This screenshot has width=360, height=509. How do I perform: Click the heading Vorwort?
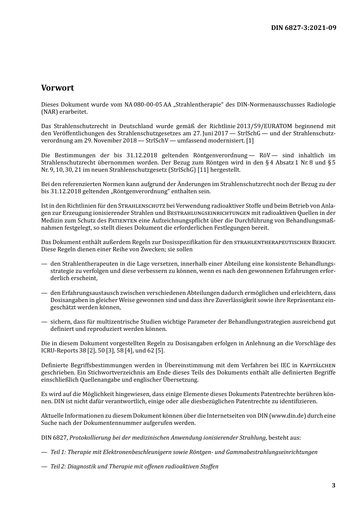(x=58, y=88)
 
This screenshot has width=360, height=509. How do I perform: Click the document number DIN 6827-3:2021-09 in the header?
(x=304, y=28)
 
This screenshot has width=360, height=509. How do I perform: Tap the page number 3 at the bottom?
(x=333, y=485)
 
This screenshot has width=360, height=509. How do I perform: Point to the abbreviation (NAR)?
(x=48, y=112)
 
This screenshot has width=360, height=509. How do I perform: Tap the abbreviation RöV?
(x=264, y=155)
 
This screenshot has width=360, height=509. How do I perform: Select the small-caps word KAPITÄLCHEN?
(x=317, y=365)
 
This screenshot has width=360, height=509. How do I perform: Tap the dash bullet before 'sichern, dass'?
(x=44, y=322)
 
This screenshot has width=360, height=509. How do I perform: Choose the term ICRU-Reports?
(x=59, y=351)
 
